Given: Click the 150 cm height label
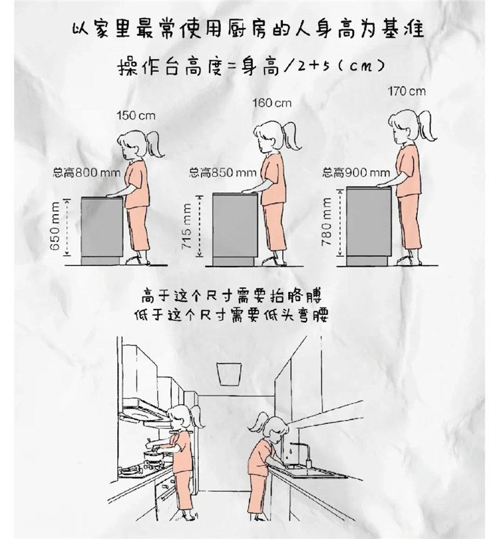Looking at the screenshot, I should (136, 116).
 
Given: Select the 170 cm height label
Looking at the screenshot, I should (407, 90).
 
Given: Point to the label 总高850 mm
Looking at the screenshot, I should (222, 173).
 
